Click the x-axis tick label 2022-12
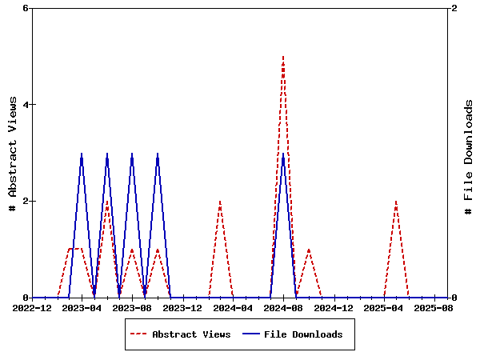[x=32, y=307]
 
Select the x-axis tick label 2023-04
[x=82, y=307]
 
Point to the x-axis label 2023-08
[x=133, y=307]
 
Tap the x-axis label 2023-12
[x=182, y=307]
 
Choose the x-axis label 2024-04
[x=233, y=307]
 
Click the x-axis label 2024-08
[x=283, y=307]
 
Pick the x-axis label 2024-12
[x=334, y=307]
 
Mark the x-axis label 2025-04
[x=384, y=307]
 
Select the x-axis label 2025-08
[x=434, y=307]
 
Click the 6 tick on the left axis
[x=26, y=8]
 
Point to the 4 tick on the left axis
[x=26, y=105]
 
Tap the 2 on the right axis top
[x=454, y=8]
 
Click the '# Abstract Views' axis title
[x=12, y=153]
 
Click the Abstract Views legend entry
[x=191, y=334]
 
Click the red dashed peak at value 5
[x=283, y=57]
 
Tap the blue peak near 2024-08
[x=283, y=154]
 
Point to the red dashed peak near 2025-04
[x=396, y=202]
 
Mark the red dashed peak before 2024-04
[x=220, y=202]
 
